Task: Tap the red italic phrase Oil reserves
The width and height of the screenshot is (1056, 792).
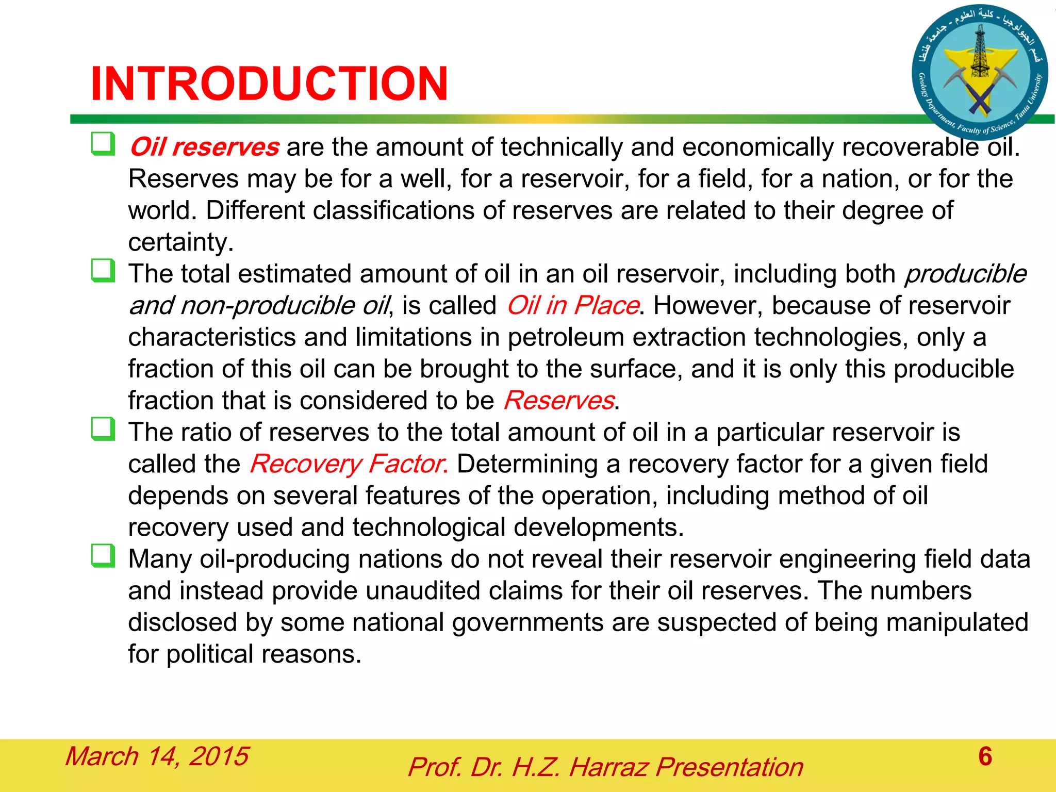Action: point(204,147)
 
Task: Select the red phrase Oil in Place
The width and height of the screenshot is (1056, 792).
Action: point(572,305)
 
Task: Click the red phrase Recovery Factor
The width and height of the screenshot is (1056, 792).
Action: point(348,464)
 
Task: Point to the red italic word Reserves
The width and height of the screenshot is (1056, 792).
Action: point(559,401)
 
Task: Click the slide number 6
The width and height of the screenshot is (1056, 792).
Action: point(985,756)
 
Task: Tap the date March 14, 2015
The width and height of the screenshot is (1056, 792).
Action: point(157,756)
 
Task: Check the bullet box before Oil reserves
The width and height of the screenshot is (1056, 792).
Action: point(103,144)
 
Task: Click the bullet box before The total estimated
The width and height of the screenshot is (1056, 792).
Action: point(103,271)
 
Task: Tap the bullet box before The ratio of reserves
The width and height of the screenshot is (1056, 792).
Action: point(103,429)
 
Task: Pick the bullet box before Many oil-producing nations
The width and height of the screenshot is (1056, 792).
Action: point(103,556)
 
